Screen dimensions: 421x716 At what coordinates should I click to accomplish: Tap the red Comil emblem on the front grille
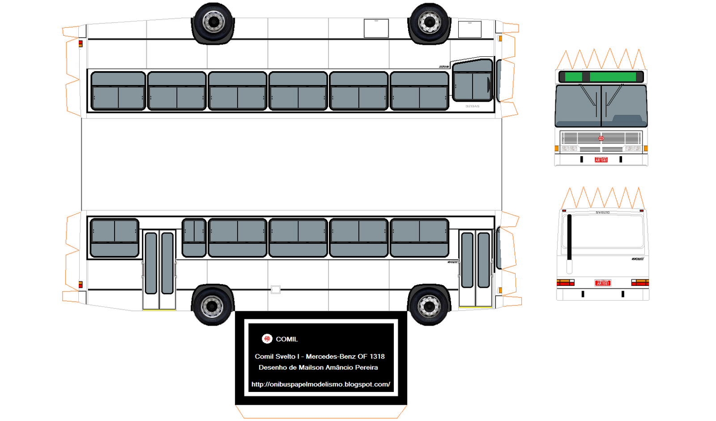(601, 138)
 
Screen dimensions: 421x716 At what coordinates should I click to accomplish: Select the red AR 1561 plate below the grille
(601, 160)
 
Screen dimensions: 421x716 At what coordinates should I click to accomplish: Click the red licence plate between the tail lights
(603, 283)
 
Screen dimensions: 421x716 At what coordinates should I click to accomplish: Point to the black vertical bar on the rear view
(569, 237)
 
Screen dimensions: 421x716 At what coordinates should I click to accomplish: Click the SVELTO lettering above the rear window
(603, 213)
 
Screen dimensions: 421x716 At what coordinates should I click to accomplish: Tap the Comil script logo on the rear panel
(638, 259)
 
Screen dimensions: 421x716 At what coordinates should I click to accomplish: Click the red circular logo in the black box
(267, 339)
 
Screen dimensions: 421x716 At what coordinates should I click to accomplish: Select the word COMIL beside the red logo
(287, 339)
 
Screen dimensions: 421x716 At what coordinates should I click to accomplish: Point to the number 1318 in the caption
(377, 356)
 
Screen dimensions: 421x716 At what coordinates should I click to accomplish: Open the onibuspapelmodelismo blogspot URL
(320, 384)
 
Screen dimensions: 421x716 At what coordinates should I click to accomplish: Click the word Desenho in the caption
(273, 367)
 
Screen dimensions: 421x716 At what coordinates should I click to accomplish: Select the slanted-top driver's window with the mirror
(472, 81)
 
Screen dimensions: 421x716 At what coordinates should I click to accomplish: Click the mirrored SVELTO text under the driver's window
(472, 106)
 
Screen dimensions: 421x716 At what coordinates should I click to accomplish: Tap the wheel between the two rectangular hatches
(429, 22)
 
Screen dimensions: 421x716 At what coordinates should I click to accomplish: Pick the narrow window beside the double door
(194, 238)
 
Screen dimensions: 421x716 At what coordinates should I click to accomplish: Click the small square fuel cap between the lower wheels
(276, 289)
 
